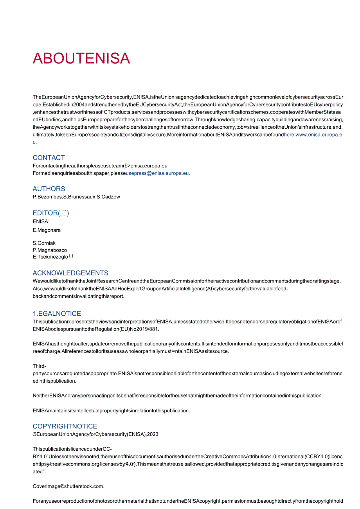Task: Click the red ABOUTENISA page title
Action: [81, 58]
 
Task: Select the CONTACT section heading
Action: [49, 158]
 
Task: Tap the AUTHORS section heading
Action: [49, 189]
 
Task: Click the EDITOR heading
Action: [50, 213]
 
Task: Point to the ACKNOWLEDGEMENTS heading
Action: [70, 273]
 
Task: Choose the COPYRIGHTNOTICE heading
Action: [65, 426]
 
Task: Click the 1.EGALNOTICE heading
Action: [57, 313]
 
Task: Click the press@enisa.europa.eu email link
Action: [158, 173]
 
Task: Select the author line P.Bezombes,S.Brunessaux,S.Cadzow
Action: [76, 197]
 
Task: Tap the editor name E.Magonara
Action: [47, 230]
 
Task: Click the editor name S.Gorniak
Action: [44, 243]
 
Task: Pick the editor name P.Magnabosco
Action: [50, 250]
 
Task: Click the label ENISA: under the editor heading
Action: [41, 221]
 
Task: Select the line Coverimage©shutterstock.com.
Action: [68, 486]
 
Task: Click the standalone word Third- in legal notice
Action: [39, 366]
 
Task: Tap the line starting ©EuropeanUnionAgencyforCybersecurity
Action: [95, 434]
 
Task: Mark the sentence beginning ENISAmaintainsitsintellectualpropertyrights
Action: [111, 410]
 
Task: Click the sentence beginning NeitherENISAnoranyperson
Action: [178, 396]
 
